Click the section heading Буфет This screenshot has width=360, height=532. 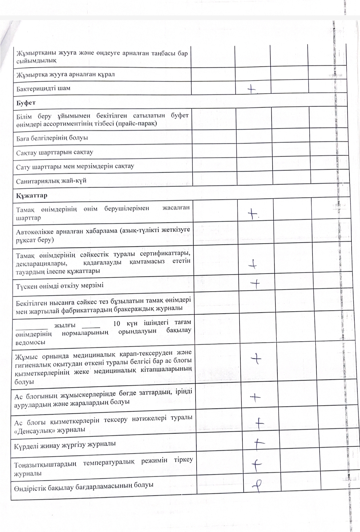(26, 103)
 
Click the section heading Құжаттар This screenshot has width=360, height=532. (32, 195)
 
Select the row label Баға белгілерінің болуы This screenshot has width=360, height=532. (52, 138)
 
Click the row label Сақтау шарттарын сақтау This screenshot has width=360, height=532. (55, 152)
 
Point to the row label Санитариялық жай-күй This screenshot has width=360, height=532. (51, 181)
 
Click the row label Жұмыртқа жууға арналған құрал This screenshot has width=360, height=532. (65, 74)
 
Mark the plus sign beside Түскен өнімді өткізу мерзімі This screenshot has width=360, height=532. (255, 284)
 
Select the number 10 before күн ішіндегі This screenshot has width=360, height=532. (116, 323)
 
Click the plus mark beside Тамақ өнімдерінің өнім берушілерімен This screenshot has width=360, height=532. (255, 215)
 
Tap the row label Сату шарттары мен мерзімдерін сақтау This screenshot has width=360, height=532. (75, 166)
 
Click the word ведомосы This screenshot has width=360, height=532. (30, 343)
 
